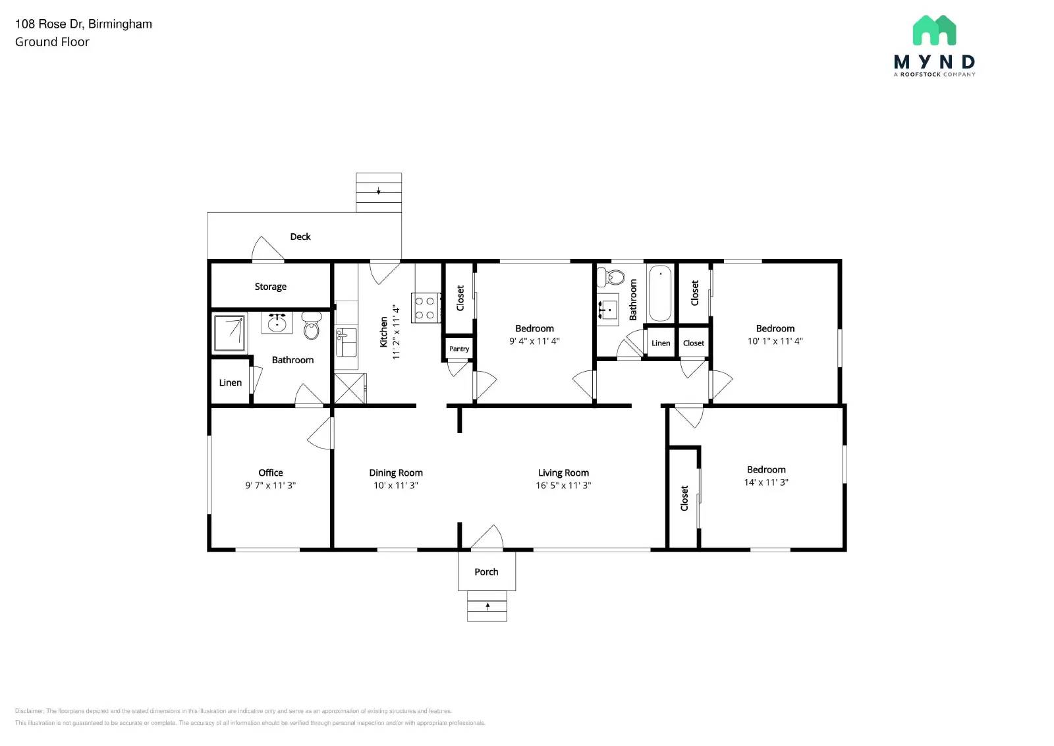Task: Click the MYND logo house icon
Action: [934, 30]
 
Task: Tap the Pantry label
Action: [459, 349]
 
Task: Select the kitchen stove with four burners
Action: [426, 308]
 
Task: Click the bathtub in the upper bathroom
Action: [660, 293]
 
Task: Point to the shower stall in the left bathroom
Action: [230, 333]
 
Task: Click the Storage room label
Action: [270, 287]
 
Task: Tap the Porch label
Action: [486, 572]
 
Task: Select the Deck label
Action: [300, 237]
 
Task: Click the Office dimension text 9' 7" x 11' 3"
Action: [270, 486]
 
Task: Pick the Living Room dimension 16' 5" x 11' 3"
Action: [563, 486]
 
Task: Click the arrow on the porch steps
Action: [487, 606]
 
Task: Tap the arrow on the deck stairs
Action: [379, 191]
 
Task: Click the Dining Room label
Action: [395, 473]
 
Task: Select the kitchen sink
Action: [346, 341]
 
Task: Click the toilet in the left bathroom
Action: [312, 326]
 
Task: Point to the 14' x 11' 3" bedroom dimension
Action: [766, 482]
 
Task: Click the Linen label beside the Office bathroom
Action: [230, 382]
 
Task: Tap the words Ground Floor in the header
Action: [52, 42]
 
